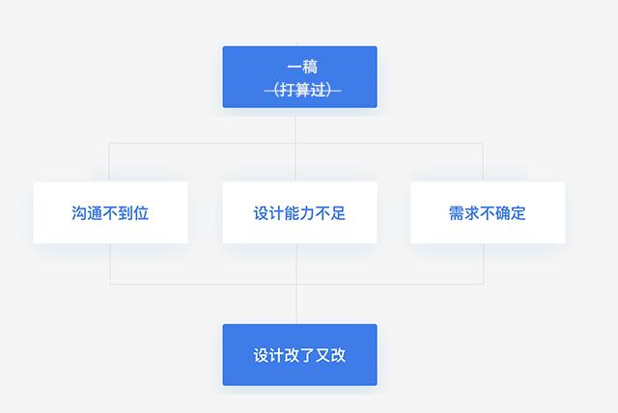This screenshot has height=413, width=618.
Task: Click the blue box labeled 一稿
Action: coord(299,77)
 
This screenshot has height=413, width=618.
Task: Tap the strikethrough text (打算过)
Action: coord(302,90)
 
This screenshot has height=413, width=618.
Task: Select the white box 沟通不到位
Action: coord(110,212)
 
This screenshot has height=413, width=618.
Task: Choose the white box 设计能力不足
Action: coord(299,212)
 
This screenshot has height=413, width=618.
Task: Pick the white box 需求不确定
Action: coord(488,212)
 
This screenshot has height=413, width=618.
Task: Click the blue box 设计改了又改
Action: coord(299,355)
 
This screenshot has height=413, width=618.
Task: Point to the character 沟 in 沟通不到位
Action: coord(79,213)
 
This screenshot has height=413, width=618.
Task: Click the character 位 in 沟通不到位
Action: coord(141,213)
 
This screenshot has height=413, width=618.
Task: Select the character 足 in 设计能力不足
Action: coord(338,213)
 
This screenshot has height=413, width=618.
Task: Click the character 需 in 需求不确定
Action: coord(457,213)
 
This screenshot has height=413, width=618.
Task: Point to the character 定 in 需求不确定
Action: coord(519,213)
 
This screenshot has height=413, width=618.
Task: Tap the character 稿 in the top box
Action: coord(310,67)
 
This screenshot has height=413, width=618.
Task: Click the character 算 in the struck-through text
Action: coord(302,90)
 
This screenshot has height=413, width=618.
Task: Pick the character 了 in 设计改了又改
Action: coord(307,355)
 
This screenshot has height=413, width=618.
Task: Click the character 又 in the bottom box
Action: coord(323,355)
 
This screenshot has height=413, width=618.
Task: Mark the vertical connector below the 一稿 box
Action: coord(295,145)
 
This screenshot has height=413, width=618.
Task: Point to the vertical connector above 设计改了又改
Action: coord(296,304)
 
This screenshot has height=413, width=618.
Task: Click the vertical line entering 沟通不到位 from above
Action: coord(109,162)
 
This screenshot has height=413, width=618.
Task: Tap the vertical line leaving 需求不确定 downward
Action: coord(483,263)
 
